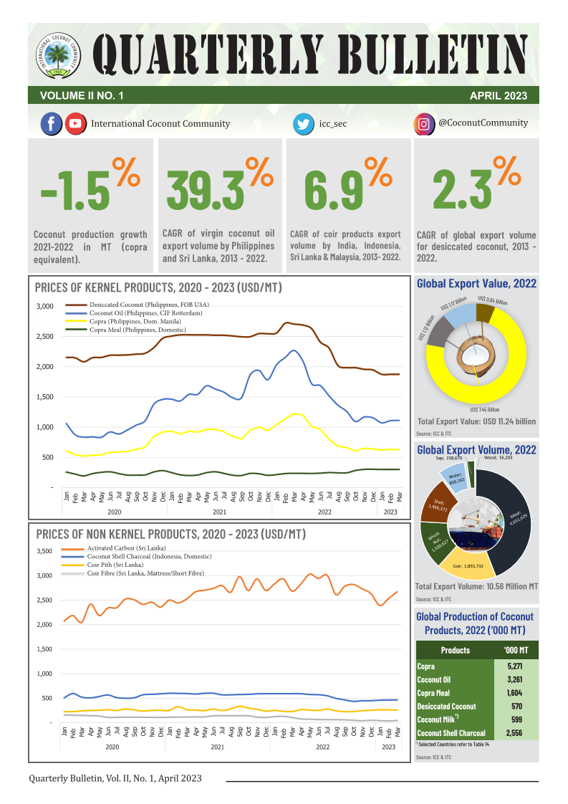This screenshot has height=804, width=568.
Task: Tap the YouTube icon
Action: pos(74,124)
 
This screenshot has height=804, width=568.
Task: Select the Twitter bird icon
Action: pos(303,124)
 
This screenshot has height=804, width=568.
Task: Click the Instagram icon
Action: pos(424,124)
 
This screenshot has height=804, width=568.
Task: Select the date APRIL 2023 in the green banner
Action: pos(498,95)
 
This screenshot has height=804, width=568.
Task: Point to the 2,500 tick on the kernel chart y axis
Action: pos(44,336)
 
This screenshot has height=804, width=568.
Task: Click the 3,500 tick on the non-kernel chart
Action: pos(44,551)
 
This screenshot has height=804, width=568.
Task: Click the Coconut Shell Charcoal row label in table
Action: pos(451,733)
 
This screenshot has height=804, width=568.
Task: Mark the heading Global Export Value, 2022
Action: pos(476,284)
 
